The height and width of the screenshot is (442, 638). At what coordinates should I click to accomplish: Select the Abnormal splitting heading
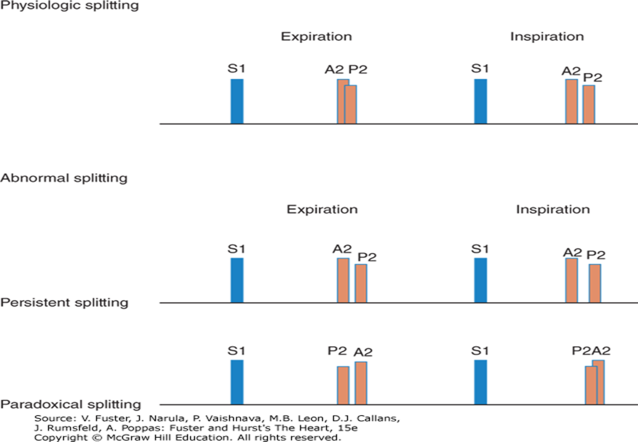(64, 178)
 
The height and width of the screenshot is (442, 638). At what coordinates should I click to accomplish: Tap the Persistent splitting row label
(64, 302)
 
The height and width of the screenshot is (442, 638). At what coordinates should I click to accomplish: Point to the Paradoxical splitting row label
(71, 404)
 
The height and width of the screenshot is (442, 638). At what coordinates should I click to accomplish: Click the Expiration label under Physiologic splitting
(316, 37)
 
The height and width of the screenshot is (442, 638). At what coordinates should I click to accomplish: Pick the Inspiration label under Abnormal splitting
(553, 209)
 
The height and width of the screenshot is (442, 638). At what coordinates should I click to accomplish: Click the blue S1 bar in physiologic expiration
(237, 101)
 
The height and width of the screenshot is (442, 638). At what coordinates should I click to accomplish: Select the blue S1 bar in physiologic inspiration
(480, 101)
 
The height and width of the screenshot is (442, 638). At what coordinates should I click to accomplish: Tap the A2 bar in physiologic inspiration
(572, 102)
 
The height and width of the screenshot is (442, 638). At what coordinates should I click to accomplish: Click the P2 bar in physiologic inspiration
(589, 104)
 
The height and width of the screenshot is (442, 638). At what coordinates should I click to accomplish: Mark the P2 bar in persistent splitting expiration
(361, 283)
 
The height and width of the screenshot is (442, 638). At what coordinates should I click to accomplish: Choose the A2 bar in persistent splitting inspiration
(572, 280)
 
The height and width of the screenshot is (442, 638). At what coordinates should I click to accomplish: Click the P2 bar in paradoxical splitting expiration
(343, 385)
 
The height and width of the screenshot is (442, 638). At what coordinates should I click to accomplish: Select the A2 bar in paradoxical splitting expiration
(361, 383)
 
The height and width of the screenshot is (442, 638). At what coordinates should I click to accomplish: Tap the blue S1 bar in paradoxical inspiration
(480, 382)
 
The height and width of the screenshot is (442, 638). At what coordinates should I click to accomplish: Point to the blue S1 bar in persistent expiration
(237, 280)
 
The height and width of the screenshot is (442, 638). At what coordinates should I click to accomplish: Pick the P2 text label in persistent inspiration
(596, 255)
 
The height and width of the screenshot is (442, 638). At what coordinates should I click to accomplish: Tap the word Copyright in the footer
(60, 437)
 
